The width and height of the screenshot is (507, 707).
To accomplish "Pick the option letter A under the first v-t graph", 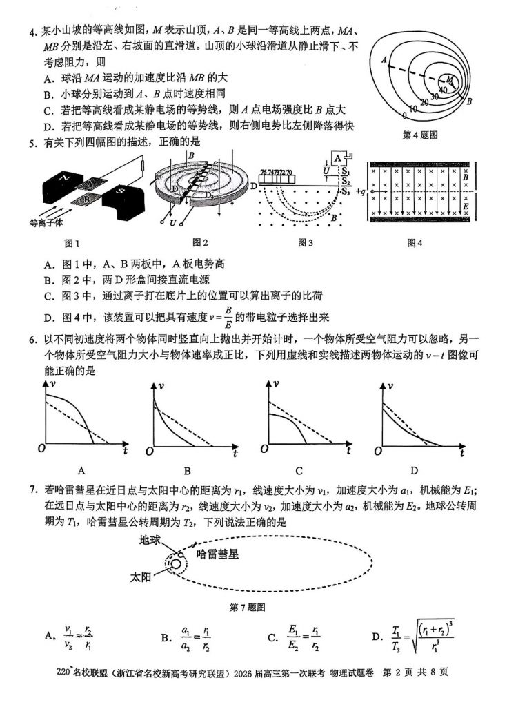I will point(81,471).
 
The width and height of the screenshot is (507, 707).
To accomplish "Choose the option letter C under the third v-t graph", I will point(299,471).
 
